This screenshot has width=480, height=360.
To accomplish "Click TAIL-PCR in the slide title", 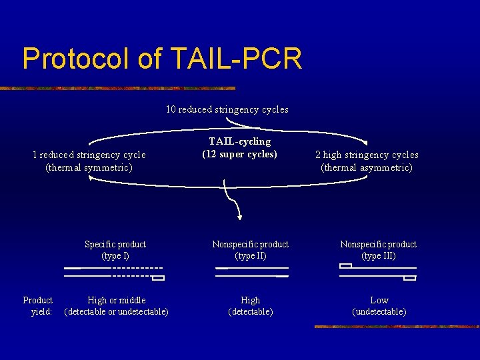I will coord(237,59).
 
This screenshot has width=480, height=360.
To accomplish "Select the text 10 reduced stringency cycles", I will coord(227,109).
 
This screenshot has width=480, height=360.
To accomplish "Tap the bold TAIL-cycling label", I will coord(239,141).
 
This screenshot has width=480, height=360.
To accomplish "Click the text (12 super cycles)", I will coord(239,154).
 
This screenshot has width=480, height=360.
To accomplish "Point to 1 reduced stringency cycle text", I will coord(89,155).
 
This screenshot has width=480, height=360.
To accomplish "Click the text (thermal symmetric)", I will coord(89,167).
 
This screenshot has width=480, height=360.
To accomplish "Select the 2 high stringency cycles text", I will coord(367,155).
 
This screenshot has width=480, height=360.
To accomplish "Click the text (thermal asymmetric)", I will coord(367,167).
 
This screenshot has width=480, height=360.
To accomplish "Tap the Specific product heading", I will coord(115,244).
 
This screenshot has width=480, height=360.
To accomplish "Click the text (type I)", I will coord(115,255).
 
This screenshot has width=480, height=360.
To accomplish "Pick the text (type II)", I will coord(250,255).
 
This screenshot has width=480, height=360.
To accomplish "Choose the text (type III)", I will coord(378,255).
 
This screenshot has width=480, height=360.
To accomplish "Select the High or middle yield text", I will coord(117,300).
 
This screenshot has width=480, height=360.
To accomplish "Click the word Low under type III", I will coord(379,300).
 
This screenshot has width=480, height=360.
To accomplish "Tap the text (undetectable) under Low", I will coord(379,311).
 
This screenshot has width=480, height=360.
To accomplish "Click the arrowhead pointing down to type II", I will coord(239,215).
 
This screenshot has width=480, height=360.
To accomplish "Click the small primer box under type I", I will coord(158,278).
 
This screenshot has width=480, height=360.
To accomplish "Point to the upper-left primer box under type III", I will coord(345,266).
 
